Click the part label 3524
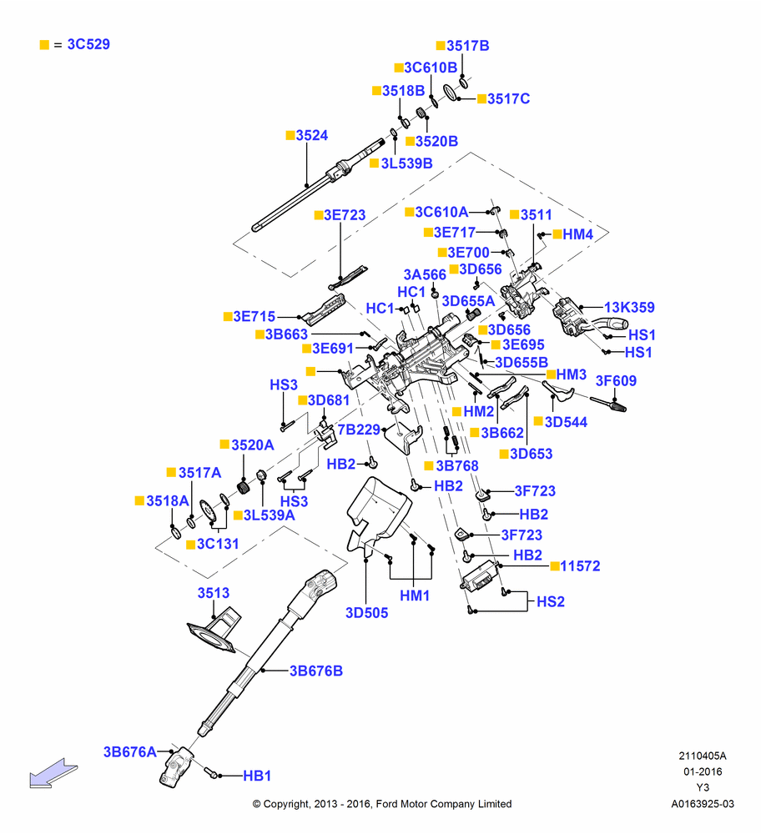312,136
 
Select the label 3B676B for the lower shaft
316,671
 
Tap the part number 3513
214,593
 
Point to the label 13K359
629,308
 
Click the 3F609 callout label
616,381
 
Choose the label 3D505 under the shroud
366,613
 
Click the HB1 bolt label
257,776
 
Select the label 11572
580,566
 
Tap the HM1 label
415,595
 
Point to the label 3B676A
130,752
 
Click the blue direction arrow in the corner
53,773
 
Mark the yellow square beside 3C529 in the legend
45,45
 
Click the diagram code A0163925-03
703,804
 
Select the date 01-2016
703,771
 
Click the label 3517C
509,99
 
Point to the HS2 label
550,601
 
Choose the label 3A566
425,274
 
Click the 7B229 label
359,430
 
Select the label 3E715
255,316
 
